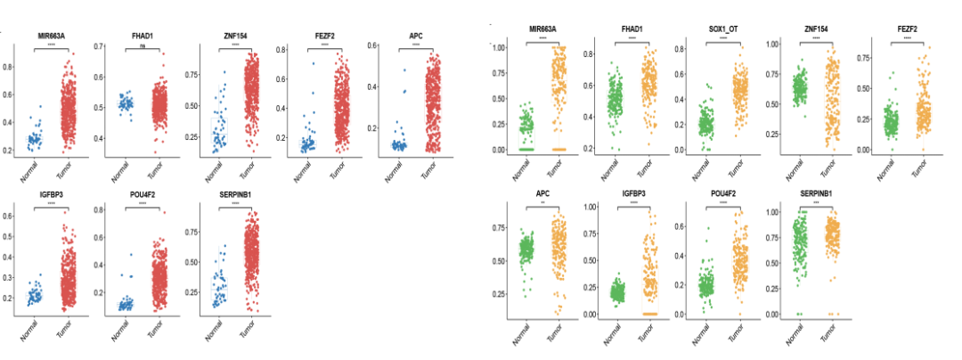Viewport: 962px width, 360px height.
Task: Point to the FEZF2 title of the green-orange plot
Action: point(907,29)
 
